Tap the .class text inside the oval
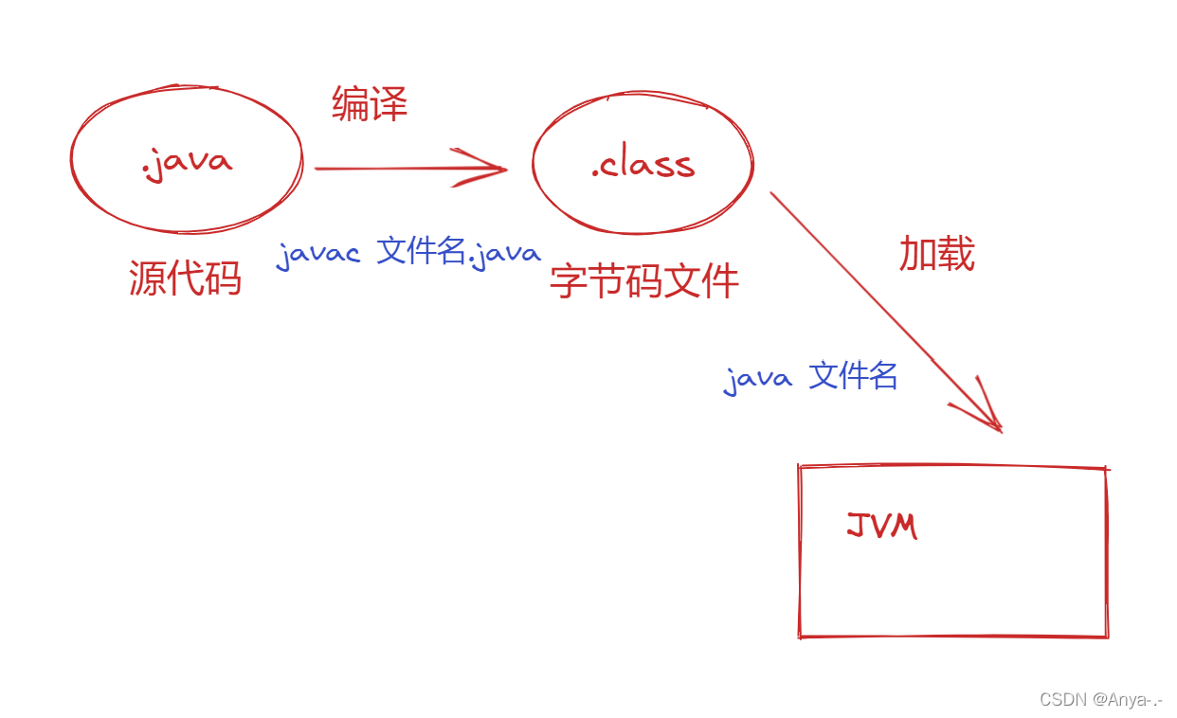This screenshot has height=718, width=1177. pyautogui.click(x=643, y=166)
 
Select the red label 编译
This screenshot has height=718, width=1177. pyautogui.click(x=370, y=103)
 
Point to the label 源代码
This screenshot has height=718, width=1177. pyautogui.click(x=186, y=278)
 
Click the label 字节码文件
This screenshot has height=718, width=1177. pyautogui.click(x=644, y=281)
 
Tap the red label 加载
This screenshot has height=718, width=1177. pyautogui.click(x=936, y=254)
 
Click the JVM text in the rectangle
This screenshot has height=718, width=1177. pyautogui.click(x=882, y=526)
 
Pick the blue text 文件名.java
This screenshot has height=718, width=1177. pyautogui.click(x=460, y=252)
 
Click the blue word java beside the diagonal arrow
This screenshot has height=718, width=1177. pyautogui.click(x=758, y=379)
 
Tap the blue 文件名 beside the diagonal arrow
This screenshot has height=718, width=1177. pyautogui.click(x=854, y=376)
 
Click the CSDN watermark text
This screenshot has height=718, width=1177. pyautogui.click(x=1062, y=700)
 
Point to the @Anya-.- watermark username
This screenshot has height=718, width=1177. pyautogui.click(x=1128, y=700)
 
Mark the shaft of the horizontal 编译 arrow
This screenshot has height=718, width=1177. pyautogui.click(x=398, y=169)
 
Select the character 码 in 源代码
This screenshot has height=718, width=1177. pyautogui.click(x=224, y=278)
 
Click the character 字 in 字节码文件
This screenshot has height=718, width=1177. pyautogui.click(x=569, y=281)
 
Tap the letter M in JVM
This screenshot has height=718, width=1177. pyautogui.click(x=905, y=526)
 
